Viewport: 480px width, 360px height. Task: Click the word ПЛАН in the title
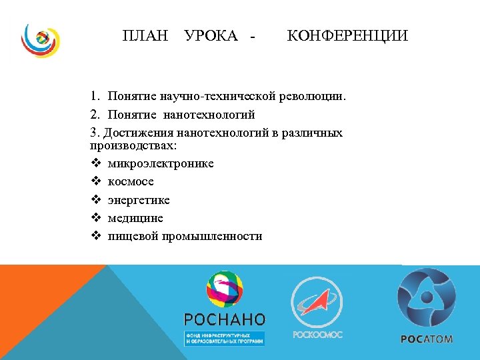coord(145,35)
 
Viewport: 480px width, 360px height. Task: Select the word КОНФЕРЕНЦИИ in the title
coord(347,35)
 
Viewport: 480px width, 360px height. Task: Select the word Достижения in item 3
coord(139,133)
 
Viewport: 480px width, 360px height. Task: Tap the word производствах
coord(131,145)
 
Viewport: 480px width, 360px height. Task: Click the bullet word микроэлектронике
coord(161,163)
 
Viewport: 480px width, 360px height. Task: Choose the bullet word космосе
coord(131,181)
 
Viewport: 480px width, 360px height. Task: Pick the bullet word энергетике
coord(139,200)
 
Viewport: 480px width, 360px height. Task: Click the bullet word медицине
coord(135,218)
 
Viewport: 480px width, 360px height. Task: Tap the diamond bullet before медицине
coord(95,218)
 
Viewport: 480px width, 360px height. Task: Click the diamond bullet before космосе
coord(95,181)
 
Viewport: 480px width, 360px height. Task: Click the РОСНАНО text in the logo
coord(225,319)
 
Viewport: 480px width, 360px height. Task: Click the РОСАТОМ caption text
coord(427,339)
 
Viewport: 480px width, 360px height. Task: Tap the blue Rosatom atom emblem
coord(427,297)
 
